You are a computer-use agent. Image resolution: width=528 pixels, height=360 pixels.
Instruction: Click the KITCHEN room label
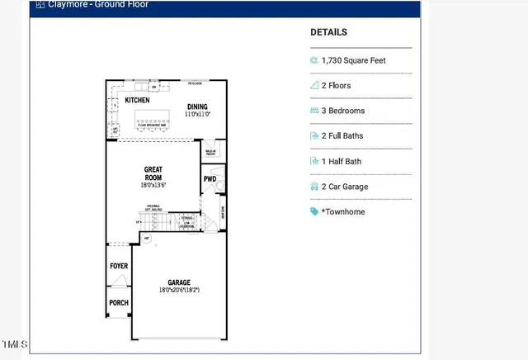(137, 101)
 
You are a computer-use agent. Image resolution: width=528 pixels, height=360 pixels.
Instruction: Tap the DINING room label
(197, 107)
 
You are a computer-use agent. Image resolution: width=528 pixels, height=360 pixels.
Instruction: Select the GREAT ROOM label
(153, 173)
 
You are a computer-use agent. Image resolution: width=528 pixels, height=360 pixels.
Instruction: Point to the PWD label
(210, 179)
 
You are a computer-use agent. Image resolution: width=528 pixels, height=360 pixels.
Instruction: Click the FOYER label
(119, 266)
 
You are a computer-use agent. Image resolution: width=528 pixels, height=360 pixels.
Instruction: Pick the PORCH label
(119, 303)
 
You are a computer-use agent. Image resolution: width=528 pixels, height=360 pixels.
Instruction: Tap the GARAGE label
(178, 282)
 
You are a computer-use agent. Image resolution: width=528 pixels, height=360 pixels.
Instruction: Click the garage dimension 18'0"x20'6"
(178, 291)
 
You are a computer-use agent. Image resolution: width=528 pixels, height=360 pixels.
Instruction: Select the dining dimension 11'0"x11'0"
(197, 114)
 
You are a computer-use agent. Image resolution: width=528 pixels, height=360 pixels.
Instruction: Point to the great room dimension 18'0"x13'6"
(153, 186)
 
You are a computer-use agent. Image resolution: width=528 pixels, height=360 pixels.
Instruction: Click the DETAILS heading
(328, 33)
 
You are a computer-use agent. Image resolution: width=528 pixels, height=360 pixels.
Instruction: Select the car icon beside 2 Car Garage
(314, 187)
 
